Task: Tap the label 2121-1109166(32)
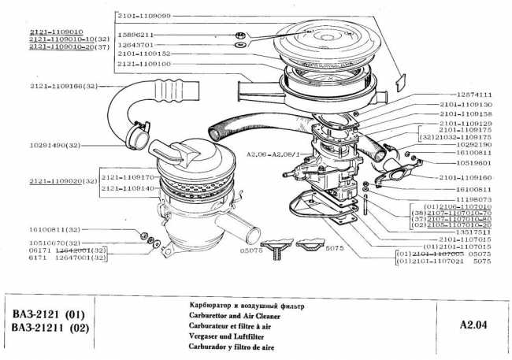(x=61, y=84)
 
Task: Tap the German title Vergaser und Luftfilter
(x=221, y=335)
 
